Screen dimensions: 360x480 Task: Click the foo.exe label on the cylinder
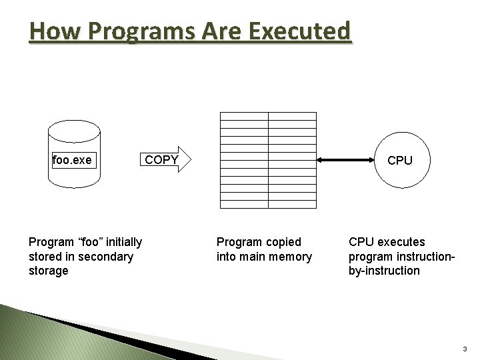(x=72, y=161)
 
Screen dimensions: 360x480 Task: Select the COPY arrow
(x=167, y=160)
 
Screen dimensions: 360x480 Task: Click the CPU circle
(x=400, y=161)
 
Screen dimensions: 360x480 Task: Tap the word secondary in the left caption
(x=105, y=257)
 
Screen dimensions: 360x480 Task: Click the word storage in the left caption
(x=49, y=271)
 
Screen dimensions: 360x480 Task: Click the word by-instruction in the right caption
(x=384, y=271)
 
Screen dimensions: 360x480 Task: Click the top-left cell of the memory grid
(x=244, y=115)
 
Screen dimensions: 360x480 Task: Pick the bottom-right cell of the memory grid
(x=292, y=204)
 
